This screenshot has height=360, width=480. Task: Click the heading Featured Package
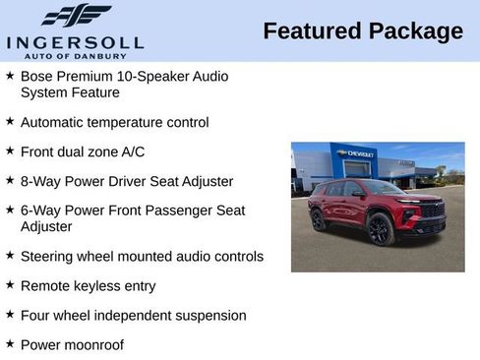pos(363,31)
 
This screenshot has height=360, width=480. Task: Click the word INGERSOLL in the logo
pos(75,41)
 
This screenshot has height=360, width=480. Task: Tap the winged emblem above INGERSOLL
pos(76,16)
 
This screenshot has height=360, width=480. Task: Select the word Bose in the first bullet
pos(36,75)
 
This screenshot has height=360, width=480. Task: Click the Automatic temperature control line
pos(114,123)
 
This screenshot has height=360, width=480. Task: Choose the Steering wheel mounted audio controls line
pos(142,257)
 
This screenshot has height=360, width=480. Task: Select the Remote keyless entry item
pos(88,286)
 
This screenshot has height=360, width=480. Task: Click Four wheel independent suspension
pos(133,316)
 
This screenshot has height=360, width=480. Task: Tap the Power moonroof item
pos(72,345)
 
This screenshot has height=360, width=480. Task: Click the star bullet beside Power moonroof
pos(10,343)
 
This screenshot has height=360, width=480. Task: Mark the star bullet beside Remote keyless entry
pos(10,284)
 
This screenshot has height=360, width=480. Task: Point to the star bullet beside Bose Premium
pos(10,74)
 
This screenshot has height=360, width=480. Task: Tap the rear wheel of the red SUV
pos(320,219)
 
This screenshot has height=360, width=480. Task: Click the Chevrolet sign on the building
pos(354,154)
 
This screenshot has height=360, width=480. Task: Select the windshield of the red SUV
pos(379,187)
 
